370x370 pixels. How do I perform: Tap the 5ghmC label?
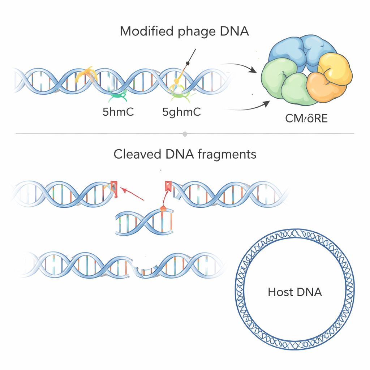[181, 112]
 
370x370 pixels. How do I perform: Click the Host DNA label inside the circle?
[294, 292]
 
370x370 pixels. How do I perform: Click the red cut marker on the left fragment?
[114, 188]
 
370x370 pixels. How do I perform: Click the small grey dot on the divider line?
[185, 134]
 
